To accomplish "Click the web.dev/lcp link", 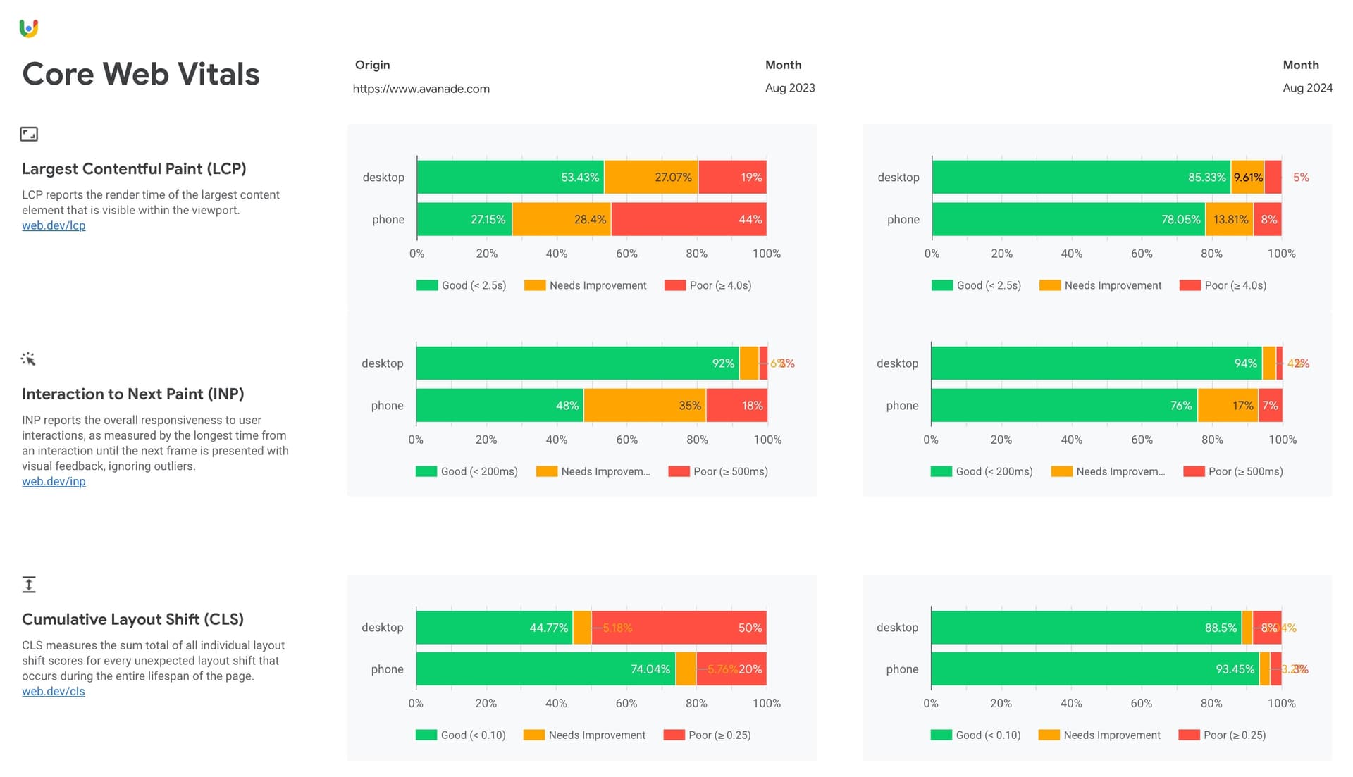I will [x=54, y=225].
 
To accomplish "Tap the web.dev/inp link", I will [x=54, y=481].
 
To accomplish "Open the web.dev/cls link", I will [x=54, y=691].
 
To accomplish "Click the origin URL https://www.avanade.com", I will [x=421, y=89].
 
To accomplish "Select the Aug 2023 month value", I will [x=790, y=88].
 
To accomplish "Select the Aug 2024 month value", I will [x=1307, y=88].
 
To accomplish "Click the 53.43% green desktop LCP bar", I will [x=510, y=177].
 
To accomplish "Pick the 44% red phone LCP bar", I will [x=688, y=219].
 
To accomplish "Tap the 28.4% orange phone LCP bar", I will [x=562, y=219].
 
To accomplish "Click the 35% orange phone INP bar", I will [x=645, y=405].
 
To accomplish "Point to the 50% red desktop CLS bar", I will [x=679, y=627].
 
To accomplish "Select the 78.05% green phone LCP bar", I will [x=1068, y=219].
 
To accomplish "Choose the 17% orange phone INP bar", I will [x=1228, y=405].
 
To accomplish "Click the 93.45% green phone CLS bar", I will [x=1094, y=669].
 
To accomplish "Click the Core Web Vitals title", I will [x=141, y=74].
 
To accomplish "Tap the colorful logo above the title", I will [x=29, y=28].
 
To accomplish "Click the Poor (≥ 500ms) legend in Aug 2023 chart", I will [x=719, y=471].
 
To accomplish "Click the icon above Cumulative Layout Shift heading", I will [x=29, y=584].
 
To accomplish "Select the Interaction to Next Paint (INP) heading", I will [x=132, y=394].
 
